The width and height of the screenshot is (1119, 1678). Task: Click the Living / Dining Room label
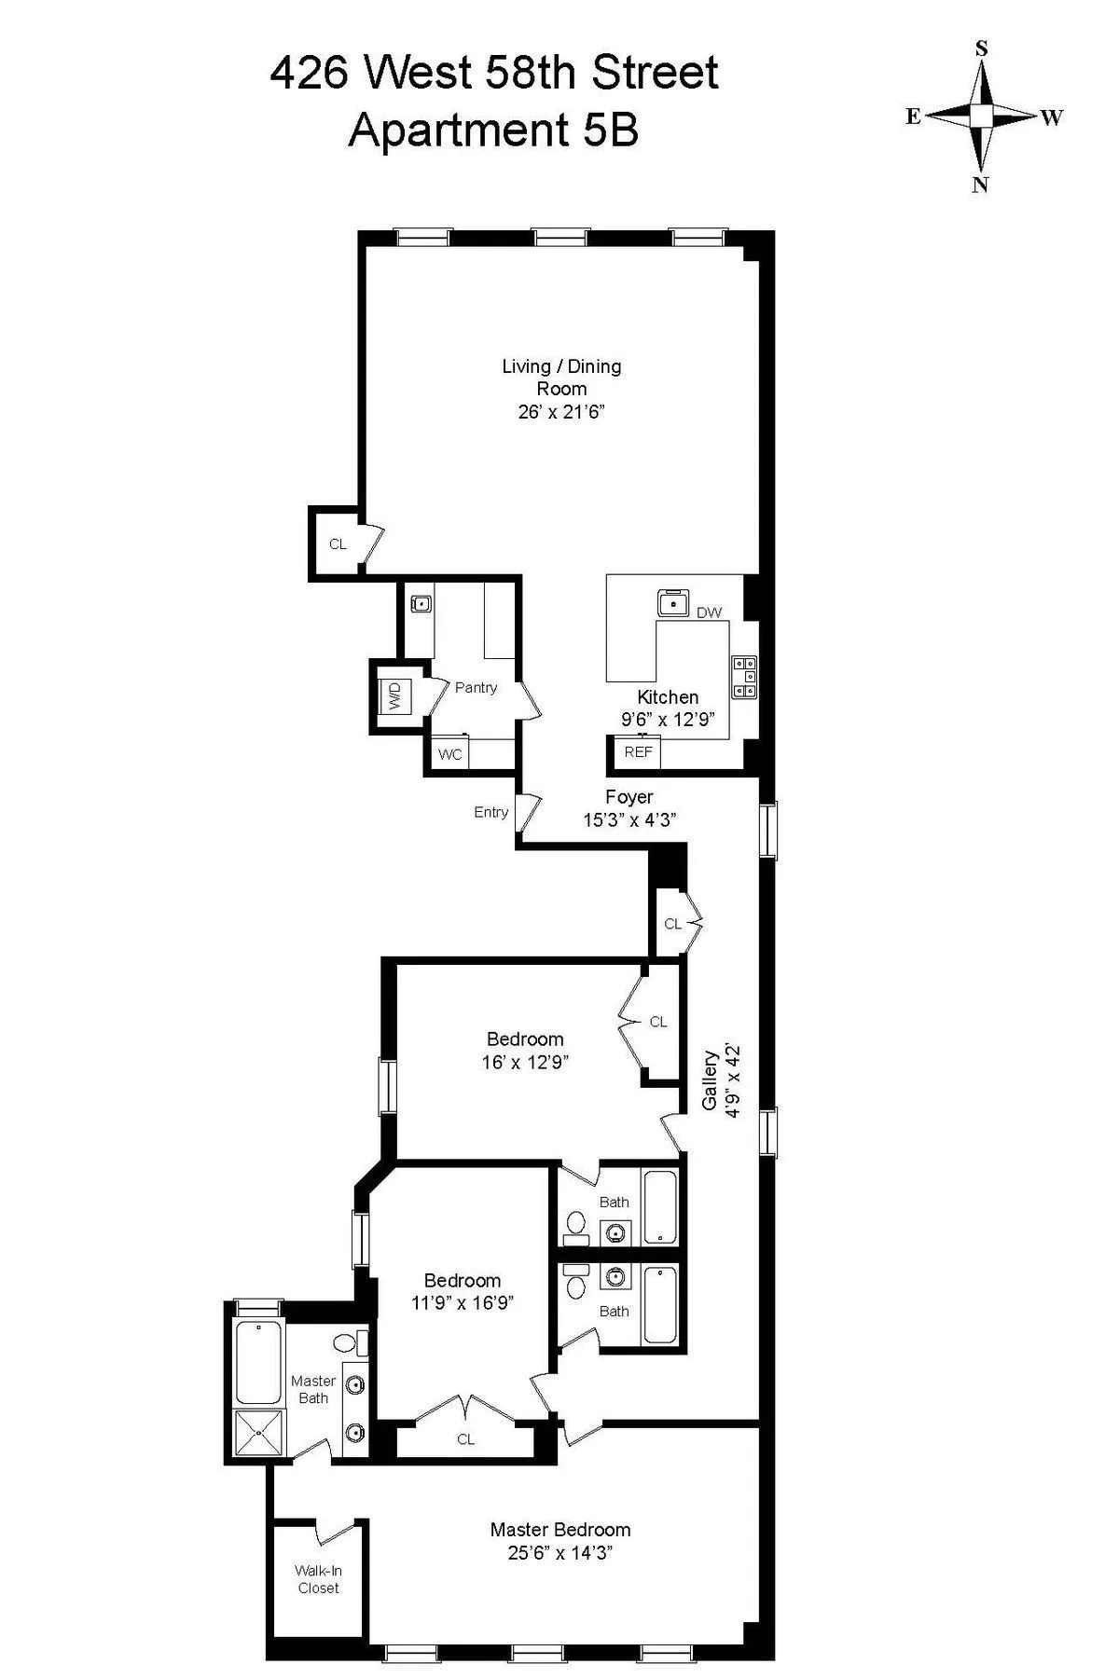coord(561,378)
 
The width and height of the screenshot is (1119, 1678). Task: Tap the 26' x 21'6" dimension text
coord(561,412)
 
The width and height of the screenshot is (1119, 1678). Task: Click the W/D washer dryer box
coord(394,695)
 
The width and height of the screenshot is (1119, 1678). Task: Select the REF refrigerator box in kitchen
coord(638,752)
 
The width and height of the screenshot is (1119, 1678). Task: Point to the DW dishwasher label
coord(710,612)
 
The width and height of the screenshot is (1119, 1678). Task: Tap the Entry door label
coord(490,812)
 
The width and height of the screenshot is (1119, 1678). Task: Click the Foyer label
coord(629,797)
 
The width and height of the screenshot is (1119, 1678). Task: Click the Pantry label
coord(476,687)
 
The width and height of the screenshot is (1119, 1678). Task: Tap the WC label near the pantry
coord(449,754)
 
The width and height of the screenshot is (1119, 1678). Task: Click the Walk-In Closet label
coord(319,1579)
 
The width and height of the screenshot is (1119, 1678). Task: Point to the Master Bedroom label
coord(560,1530)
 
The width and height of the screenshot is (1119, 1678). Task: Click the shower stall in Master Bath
coord(259,1433)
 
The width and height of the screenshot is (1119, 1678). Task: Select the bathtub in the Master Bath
coord(259,1363)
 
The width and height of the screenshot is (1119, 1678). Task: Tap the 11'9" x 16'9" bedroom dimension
coord(463,1302)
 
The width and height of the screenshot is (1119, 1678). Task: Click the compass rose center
coord(982,116)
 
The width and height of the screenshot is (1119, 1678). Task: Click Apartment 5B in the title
coord(493,130)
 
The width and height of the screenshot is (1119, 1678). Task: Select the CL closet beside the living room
coord(338,544)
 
